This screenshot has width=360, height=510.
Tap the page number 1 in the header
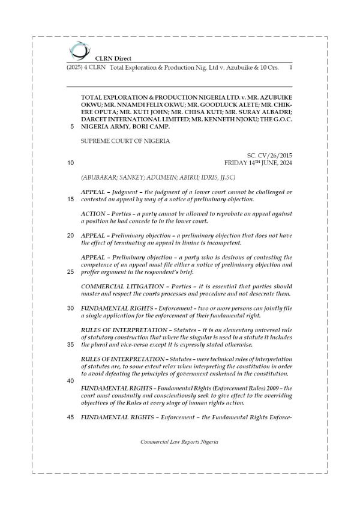coord(290,68)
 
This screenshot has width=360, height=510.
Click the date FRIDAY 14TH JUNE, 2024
coord(257,162)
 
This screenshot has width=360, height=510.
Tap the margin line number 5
coord(72,127)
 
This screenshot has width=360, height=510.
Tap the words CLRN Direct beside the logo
coord(108,58)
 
